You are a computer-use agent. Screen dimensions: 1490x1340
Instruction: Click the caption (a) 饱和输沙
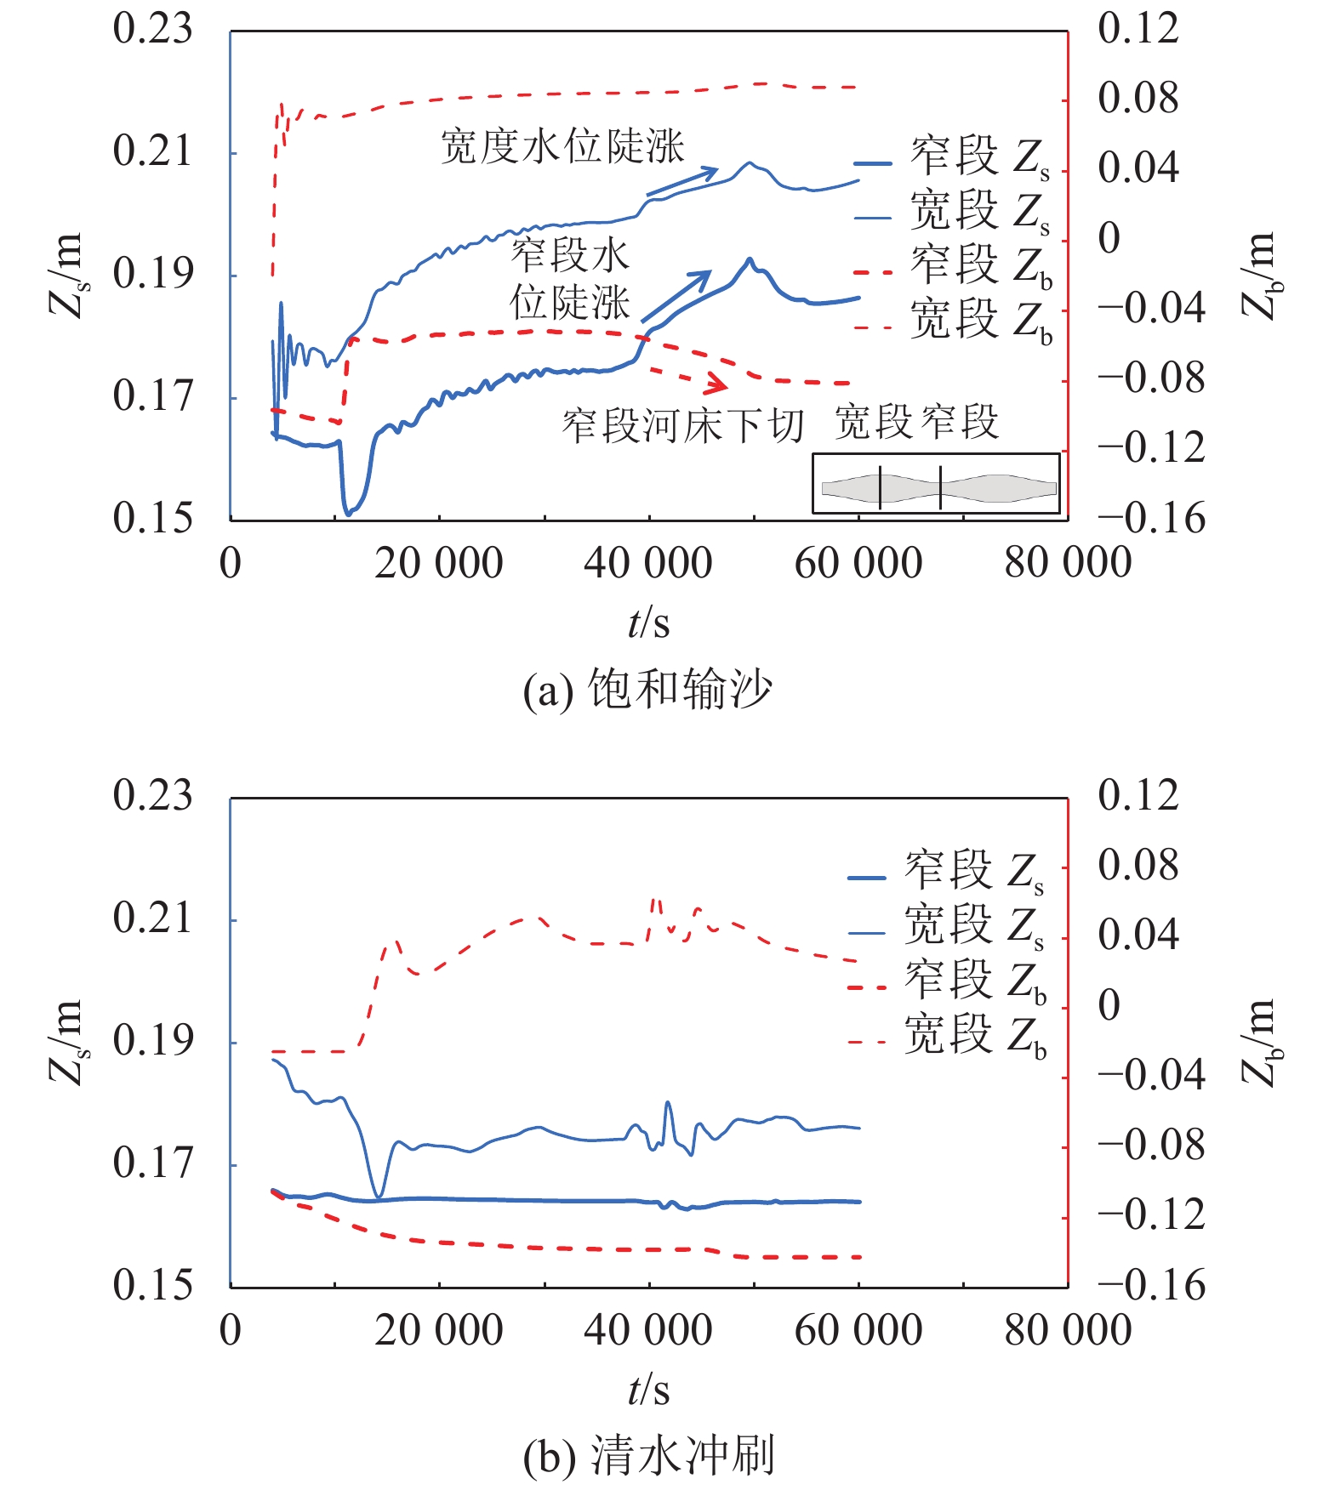coord(647,690)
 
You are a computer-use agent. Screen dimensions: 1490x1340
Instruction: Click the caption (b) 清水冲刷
coord(647,1457)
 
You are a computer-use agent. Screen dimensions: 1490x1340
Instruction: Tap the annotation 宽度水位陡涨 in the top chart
coord(562,146)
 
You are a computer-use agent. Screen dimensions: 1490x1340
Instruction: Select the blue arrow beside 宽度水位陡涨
coord(682,182)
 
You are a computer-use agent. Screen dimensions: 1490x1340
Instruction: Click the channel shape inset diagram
coord(936,484)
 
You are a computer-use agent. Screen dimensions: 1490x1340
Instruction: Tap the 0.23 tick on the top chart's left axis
coord(153,29)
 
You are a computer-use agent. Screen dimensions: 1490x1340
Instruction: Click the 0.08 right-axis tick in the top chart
coord(1138,99)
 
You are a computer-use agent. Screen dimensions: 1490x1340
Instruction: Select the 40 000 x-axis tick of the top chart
coord(647,563)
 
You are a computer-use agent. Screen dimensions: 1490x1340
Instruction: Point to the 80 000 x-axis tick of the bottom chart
coord(1068,1330)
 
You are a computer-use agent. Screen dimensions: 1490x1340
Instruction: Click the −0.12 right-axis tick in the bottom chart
coord(1151,1215)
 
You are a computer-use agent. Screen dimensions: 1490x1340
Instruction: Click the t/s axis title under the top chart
coord(648,623)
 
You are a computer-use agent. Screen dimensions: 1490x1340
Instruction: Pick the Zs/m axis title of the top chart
coord(66,275)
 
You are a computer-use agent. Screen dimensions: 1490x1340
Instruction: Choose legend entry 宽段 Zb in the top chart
coord(953,322)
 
